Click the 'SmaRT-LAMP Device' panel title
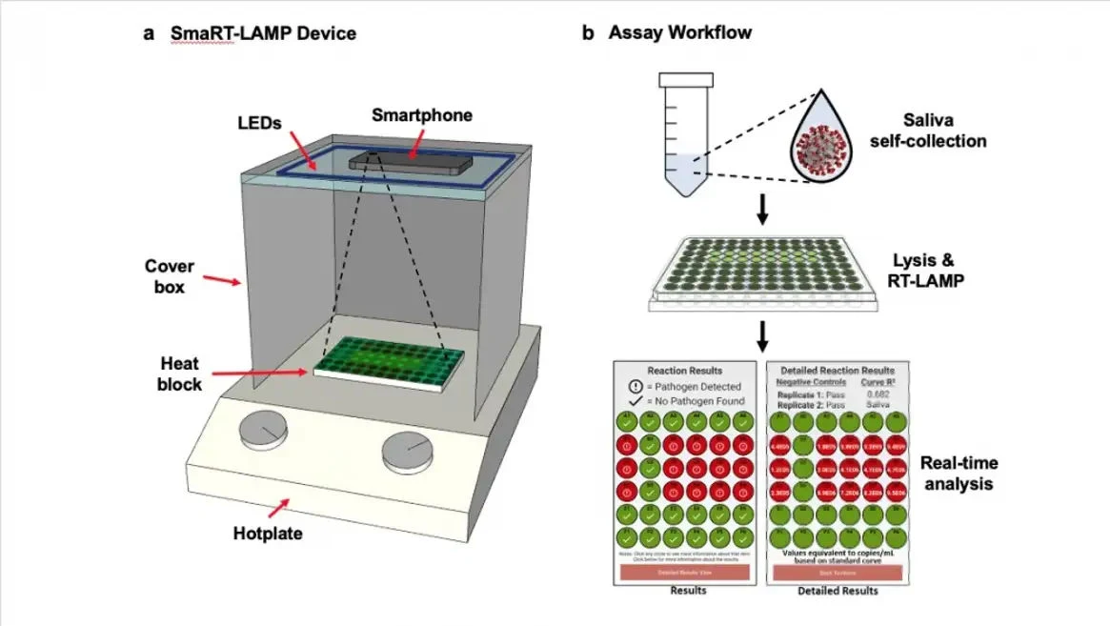(263, 33)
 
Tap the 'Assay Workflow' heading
(679, 33)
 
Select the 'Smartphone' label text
(421, 116)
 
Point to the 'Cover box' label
(171, 275)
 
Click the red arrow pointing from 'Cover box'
(224, 280)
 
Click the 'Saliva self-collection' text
(943, 131)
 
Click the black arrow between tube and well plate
(762, 212)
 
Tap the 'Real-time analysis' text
(959, 474)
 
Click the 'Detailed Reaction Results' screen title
(837, 370)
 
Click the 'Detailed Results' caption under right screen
(838, 592)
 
